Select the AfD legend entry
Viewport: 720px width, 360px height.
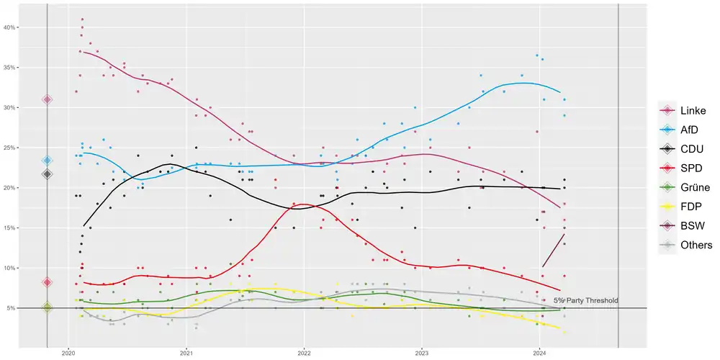(679, 130)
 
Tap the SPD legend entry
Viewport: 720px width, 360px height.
(679, 168)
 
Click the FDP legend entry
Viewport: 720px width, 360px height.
(679, 207)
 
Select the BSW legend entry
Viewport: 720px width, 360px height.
(679, 225)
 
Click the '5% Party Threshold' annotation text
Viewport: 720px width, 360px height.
(585, 300)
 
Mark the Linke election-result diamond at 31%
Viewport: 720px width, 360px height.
(48, 99)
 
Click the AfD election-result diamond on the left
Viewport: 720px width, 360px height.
(48, 161)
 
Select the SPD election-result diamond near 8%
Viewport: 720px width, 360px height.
(48, 282)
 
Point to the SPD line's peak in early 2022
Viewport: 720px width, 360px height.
(304, 204)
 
